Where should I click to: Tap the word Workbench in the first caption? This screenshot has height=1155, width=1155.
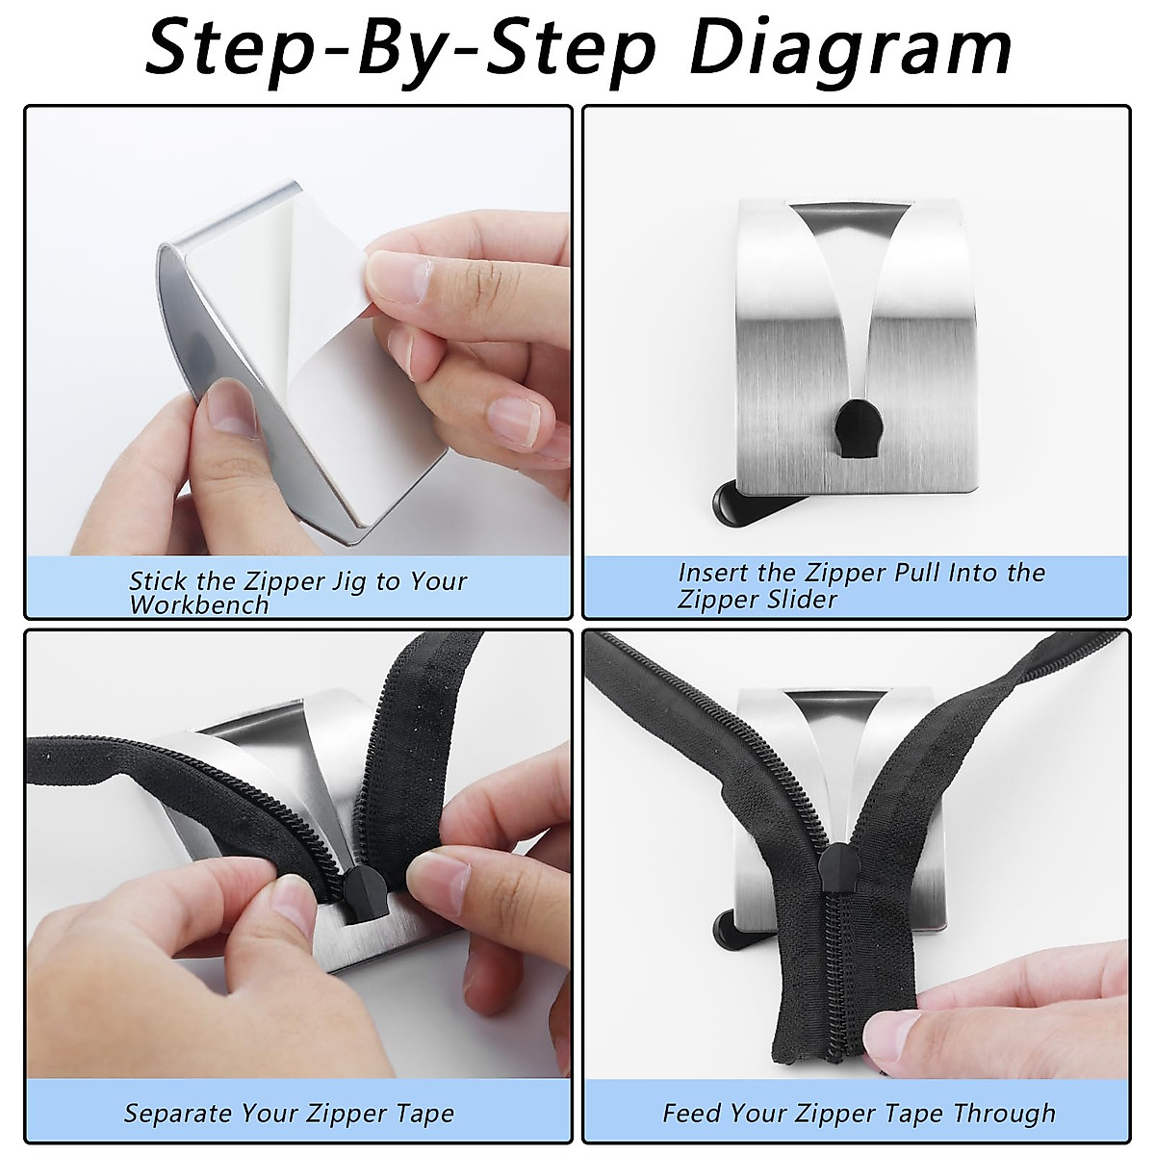coord(199,605)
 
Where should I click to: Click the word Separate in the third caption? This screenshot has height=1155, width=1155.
coord(180,1114)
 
